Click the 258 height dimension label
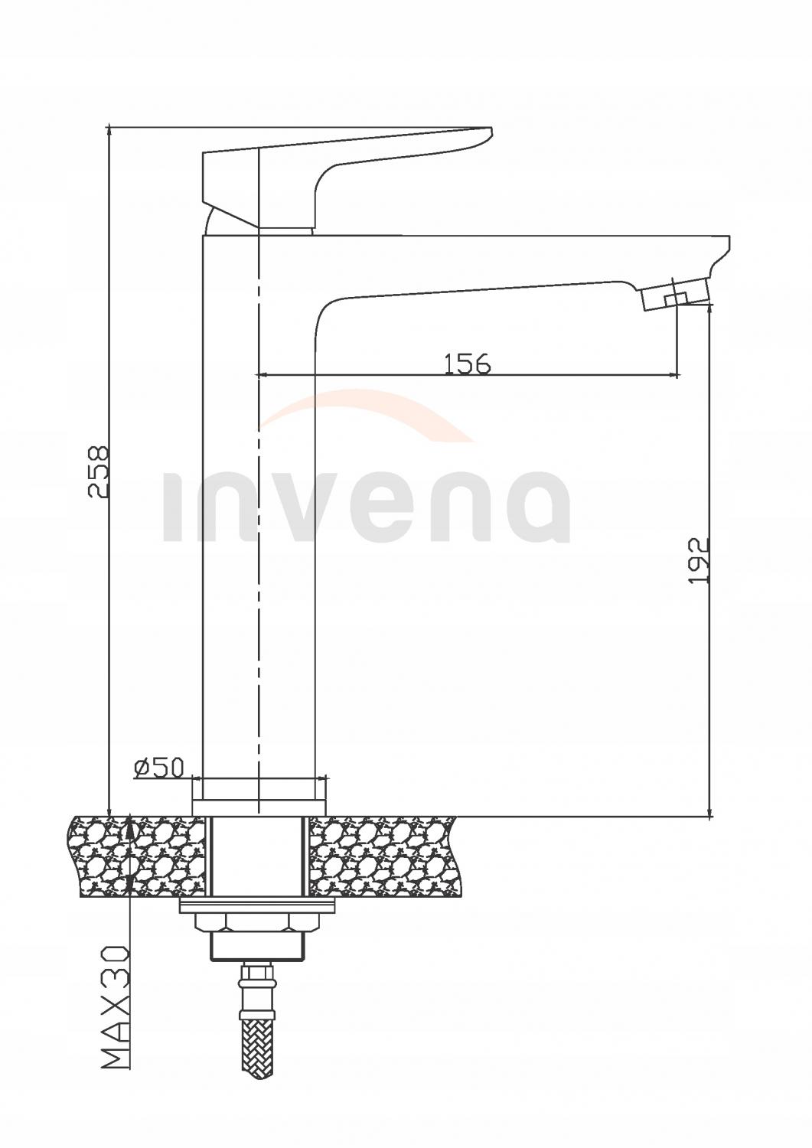[x=99, y=472]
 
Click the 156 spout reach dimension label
[x=467, y=364]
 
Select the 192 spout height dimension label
[x=699, y=561]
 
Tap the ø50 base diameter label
[x=158, y=768]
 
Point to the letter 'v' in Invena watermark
[x=340, y=509]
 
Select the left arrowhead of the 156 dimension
[x=259, y=374]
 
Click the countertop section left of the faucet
[x=138, y=856]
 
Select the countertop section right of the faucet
[x=383, y=856]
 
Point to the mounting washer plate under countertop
[x=258, y=907]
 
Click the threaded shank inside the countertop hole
[x=259, y=856]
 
